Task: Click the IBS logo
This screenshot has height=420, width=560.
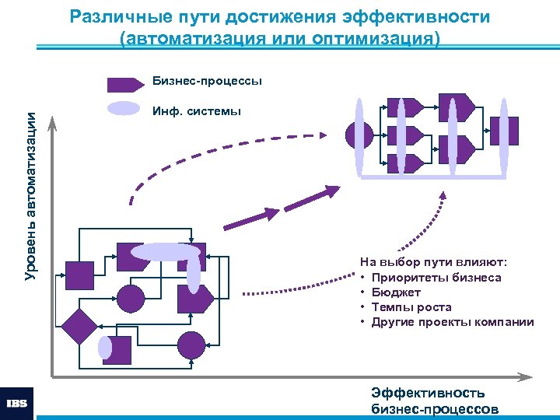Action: (x=17, y=403)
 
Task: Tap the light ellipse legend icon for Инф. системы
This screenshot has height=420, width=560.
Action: (x=123, y=109)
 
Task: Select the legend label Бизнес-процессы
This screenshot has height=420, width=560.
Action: (x=207, y=81)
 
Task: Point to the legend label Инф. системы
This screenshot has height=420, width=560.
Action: (x=197, y=111)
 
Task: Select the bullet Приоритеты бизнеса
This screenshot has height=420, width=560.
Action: (x=436, y=278)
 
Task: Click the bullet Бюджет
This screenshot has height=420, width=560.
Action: (x=396, y=292)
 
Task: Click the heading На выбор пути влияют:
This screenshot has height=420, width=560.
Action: (x=433, y=263)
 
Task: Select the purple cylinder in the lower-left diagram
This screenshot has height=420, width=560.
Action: (x=118, y=350)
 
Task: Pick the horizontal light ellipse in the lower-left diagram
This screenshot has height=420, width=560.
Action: (x=166, y=251)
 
